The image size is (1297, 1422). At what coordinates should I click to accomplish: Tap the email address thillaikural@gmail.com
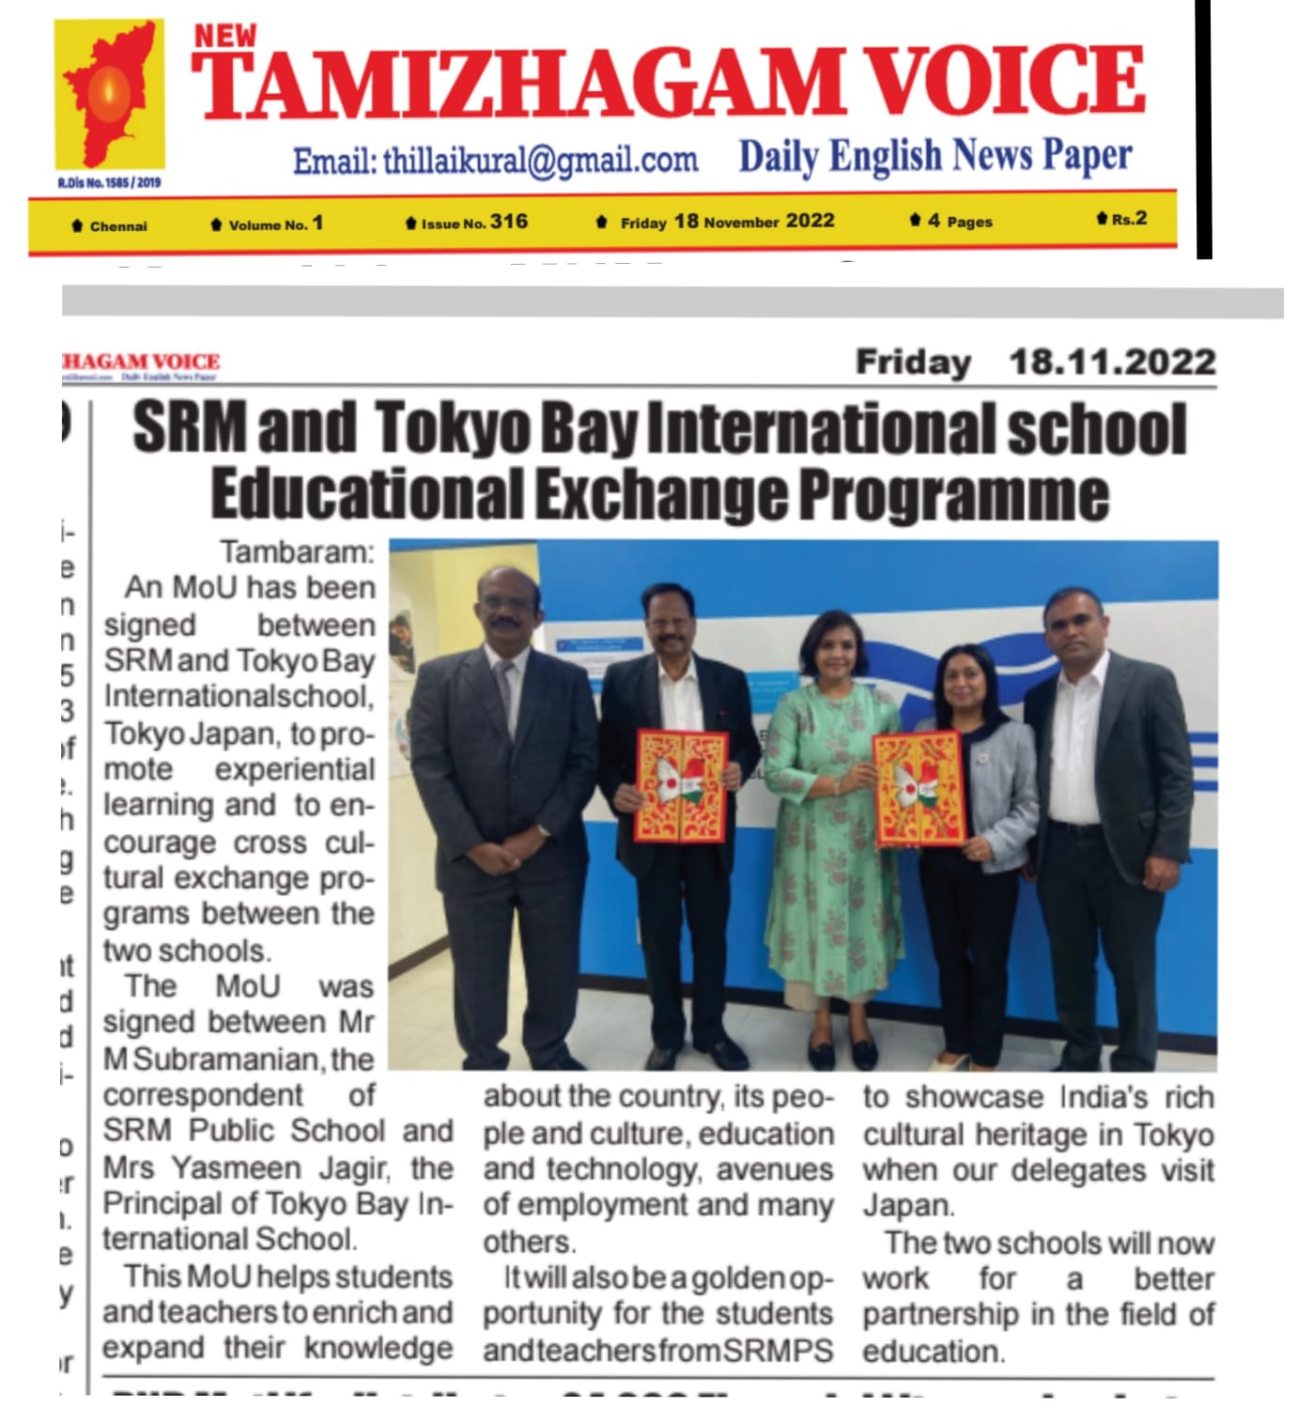495,162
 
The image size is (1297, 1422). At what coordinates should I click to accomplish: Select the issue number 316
508,222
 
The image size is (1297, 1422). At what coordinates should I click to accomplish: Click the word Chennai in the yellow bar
118,226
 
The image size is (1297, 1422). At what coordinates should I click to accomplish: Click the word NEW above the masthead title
224,36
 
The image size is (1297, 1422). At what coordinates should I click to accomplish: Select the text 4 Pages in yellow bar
959,222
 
